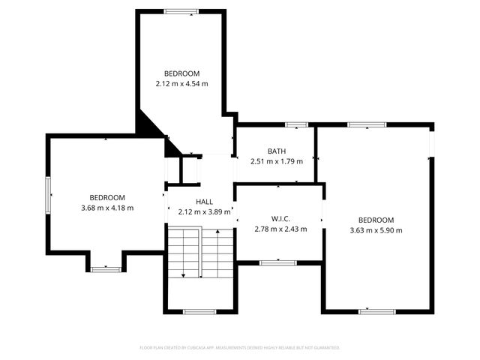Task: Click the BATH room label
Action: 276,151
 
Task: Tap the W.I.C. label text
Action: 280,219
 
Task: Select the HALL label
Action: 205,202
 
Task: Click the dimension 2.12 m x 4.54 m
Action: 182,83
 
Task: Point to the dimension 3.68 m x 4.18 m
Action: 107,208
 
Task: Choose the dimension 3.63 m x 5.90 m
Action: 376,230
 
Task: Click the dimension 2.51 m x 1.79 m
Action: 276,161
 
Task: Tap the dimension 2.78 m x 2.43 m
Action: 280,229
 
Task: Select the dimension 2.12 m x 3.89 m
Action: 205,212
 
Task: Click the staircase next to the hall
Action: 200,255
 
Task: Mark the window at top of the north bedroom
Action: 181,11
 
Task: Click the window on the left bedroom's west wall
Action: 48,194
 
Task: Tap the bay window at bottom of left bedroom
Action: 106,268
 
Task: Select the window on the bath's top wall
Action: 297,124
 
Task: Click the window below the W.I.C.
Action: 278,262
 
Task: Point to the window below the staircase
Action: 199,311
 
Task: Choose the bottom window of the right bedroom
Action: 377,310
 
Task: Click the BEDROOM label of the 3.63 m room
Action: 376,220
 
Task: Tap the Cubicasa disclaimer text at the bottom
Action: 240,347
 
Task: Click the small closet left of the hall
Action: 189,169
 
